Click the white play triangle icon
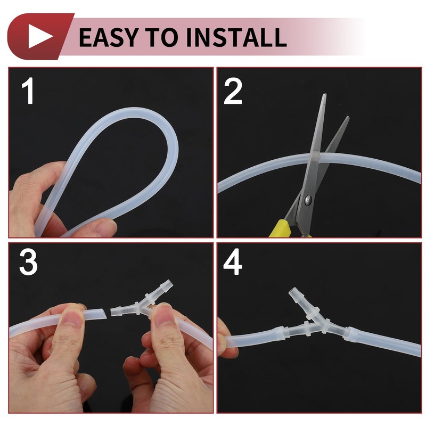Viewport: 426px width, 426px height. coord(39,36)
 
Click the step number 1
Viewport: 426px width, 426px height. coord(28,91)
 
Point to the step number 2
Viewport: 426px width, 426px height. coord(233,91)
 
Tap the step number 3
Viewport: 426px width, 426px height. coord(28,262)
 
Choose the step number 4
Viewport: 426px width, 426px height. coord(233,261)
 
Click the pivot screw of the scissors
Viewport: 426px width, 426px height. coord(308,200)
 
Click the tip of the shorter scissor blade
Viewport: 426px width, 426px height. coord(348,117)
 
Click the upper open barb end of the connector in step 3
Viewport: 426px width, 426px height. coord(168,284)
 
